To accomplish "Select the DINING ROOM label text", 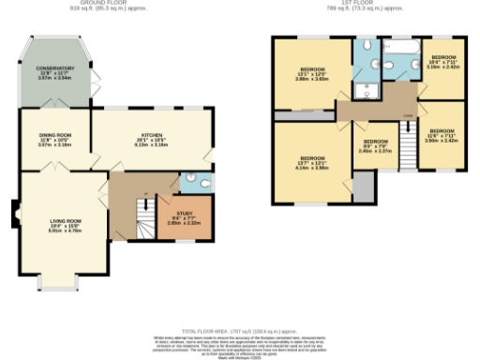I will click(x=54, y=140).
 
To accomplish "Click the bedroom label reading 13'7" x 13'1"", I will click(x=310, y=161).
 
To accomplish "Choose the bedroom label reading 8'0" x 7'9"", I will click(x=376, y=146).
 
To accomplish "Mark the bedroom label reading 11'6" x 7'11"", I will click(x=441, y=135).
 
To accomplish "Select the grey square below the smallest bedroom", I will click(x=363, y=187).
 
